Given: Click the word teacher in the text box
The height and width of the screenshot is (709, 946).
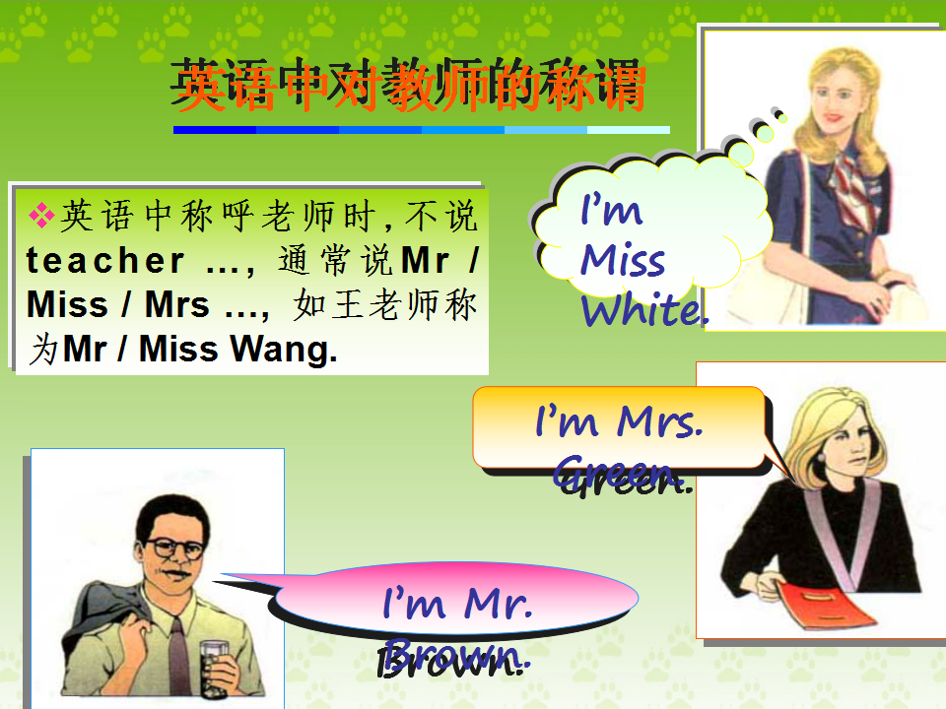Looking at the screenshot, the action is click(x=105, y=261).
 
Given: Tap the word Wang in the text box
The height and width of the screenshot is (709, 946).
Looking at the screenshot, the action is click(x=284, y=349).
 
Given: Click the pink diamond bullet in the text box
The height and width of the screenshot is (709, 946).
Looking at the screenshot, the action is click(x=41, y=216).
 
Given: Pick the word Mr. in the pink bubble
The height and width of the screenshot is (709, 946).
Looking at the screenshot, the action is click(x=498, y=603).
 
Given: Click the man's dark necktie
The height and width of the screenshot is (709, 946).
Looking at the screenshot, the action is click(x=178, y=654).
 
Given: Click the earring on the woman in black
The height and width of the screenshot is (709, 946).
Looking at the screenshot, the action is click(x=821, y=458).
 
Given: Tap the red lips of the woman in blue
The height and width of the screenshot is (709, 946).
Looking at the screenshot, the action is click(x=834, y=116).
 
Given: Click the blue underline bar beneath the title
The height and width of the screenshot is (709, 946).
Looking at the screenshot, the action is click(x=421, y=130).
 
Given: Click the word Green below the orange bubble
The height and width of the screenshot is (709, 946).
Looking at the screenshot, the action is click(x=622, y=475).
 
